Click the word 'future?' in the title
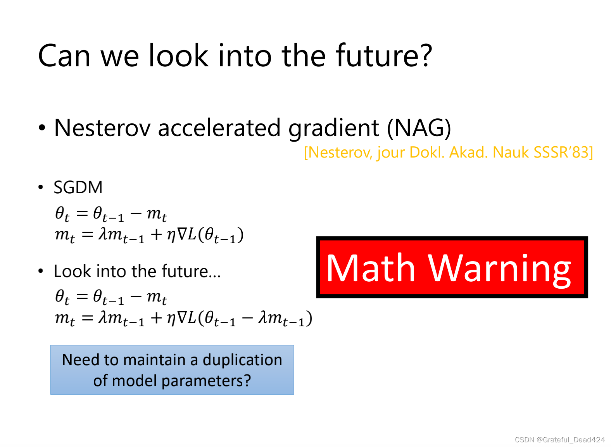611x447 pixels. [x=384, y=56]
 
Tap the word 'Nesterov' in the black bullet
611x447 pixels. [x=102, y=128]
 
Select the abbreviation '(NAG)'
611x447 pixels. [x=419, y=128]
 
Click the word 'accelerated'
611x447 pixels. [x=219, y=128]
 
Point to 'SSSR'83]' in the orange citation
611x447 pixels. [x=563, y=152]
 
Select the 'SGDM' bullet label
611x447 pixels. [x=78, y=187]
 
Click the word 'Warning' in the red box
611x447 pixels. [x=499, y=270]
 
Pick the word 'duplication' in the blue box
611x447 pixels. [x=242, y=360]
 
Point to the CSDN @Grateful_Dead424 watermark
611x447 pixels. [x=560, y=440]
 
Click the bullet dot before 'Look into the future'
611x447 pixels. [x=41, y=271]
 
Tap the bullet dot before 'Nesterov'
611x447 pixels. [x=41, y=128]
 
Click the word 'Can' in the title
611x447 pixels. [x=64, y=56]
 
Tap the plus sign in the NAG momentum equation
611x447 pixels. [x=157, y=318]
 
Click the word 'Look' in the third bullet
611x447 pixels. [x=72, y=272]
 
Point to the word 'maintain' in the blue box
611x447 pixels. [x=155, y=360]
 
